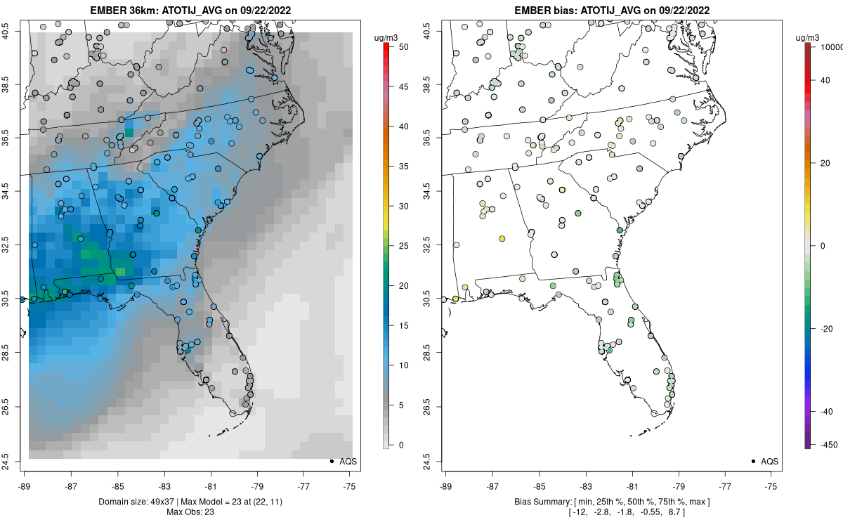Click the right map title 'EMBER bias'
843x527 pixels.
[563, 10]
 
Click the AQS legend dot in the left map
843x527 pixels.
[331, 462]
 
